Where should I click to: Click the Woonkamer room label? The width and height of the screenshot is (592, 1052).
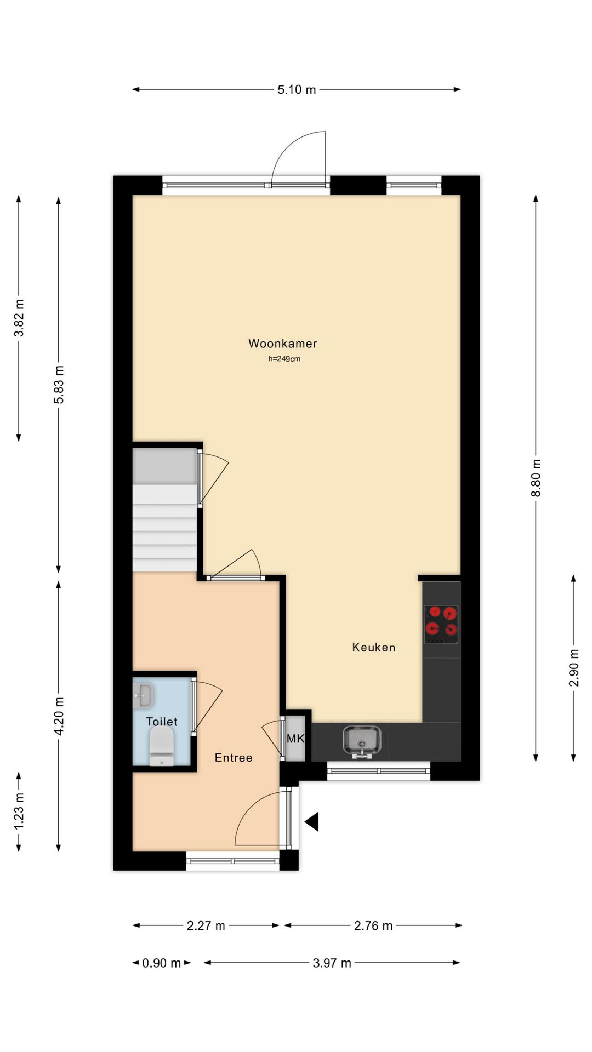[x=282, y=344]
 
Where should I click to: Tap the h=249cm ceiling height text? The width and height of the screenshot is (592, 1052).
[x=284, y=359]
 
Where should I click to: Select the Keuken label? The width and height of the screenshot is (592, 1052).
[x=373, y=648]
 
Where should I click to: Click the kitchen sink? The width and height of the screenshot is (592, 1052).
[x=362, y=740]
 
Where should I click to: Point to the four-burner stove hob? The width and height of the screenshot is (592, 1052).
[x=441, y=624]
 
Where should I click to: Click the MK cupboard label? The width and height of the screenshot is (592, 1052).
[x=295, y=739]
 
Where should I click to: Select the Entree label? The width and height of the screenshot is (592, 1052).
[x=234, y=758]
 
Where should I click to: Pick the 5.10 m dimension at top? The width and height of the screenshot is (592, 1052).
[x=297, y=89]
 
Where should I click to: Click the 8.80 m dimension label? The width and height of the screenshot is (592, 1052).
[x=536, y=478]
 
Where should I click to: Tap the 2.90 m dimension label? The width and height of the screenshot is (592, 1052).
[x=573, y=667]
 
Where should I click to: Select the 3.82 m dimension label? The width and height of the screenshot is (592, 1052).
[x=19, y=318]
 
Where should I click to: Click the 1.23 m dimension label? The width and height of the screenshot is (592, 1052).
[x=19, y=811]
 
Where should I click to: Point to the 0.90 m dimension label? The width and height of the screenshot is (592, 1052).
[x=161, y=963]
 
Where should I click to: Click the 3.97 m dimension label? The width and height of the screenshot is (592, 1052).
[x=332, y=963]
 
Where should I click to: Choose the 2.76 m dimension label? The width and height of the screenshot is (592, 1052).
[x=373, y=925]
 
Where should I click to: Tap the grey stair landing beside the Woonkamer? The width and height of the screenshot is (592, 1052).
[x=164, y=466]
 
